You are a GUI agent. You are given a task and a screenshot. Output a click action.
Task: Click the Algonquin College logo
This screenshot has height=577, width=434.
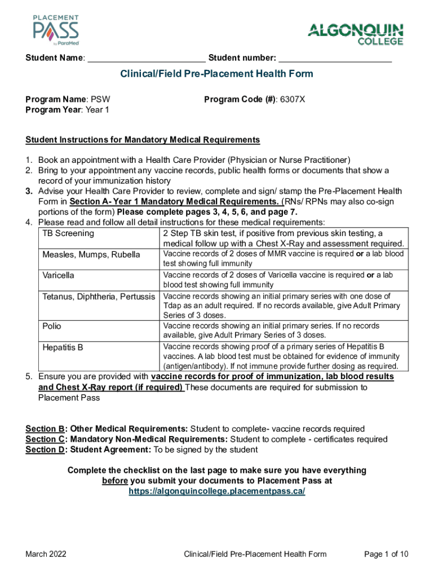point(355,34)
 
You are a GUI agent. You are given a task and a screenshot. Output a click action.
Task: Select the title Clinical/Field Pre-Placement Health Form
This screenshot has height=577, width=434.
point(217,74)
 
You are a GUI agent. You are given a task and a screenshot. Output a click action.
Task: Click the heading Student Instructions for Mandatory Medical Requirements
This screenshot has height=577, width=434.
point(143,140)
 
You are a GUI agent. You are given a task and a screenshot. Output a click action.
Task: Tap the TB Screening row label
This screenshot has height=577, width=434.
point(68,233)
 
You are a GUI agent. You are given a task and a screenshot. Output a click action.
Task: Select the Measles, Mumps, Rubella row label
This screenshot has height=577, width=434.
point(91,255)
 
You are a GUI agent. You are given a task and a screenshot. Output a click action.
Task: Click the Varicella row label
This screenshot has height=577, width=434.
point(58,276)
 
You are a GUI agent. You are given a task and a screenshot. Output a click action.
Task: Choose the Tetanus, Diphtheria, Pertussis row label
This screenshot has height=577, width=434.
point(99,296)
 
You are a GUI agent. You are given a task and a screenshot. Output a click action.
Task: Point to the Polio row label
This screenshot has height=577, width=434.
point(52,326)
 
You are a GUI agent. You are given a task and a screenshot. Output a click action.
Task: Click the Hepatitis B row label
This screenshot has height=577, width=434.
point(63,347)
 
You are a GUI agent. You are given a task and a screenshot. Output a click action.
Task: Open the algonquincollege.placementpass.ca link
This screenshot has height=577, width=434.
point(217,491)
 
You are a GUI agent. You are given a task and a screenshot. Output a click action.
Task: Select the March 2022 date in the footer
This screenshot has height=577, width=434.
point(46,554)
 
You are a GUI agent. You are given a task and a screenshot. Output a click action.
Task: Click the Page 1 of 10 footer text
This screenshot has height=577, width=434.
point(386,554)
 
